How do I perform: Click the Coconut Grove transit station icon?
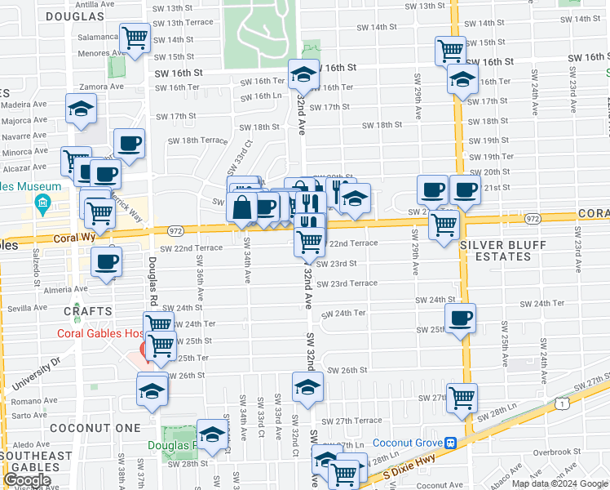click(449, 443)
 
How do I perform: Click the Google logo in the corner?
click(27, 480)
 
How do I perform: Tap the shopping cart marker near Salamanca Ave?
click(135, 37)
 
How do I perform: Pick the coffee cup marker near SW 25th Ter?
click(461, 317)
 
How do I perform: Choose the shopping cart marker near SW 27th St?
click(462, 397)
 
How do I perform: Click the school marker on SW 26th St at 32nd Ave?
click(307, 385)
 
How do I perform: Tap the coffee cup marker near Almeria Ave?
click(106, 261)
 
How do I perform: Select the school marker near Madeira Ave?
click(81, 109)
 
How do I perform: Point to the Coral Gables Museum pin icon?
click(43, 202)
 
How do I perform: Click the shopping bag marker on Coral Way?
click(242, 207)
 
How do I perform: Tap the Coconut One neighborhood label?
click(83, 427)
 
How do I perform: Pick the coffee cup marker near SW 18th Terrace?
click(129, 144)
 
